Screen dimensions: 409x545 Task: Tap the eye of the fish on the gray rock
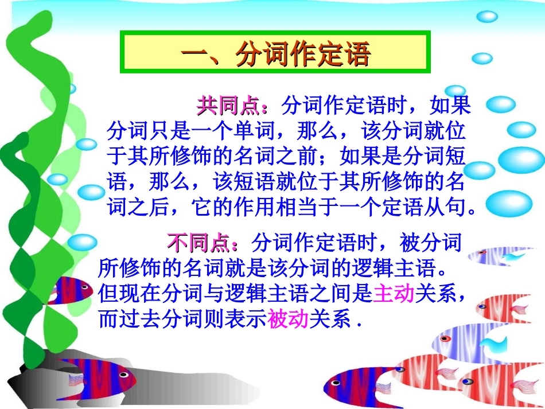click(x=123, y=373)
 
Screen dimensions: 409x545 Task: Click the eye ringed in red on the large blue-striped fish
click(x=444, y=338)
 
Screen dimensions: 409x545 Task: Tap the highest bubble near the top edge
click(x=487, y=17)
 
